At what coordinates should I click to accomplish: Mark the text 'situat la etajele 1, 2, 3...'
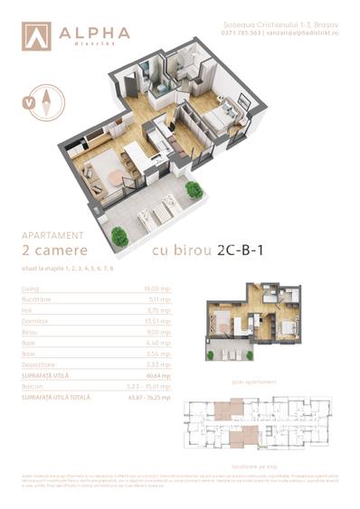pos(63,269)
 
